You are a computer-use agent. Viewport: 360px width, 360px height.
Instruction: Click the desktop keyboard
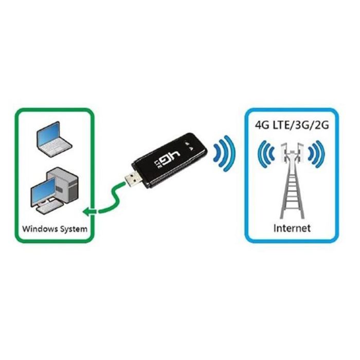point(50,207)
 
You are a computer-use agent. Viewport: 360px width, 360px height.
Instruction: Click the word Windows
point(40,229)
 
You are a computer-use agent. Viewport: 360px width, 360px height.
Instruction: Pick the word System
point(74,229)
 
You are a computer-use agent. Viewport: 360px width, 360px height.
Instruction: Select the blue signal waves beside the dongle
point(224,153)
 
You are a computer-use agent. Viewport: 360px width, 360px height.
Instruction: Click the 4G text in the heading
point(262,125)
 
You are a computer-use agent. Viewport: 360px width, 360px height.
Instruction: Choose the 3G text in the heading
point(304,125)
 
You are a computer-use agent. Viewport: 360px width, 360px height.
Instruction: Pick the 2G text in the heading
point(322,125)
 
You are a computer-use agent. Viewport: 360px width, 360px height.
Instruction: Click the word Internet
point(292,228)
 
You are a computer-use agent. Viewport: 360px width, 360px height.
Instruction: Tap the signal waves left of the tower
point(266,154)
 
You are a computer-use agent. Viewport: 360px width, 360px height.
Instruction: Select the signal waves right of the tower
point(317,154)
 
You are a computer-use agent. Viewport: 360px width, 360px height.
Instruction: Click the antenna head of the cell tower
point(292,152)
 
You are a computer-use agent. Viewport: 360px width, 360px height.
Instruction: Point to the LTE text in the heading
point(283,125)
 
